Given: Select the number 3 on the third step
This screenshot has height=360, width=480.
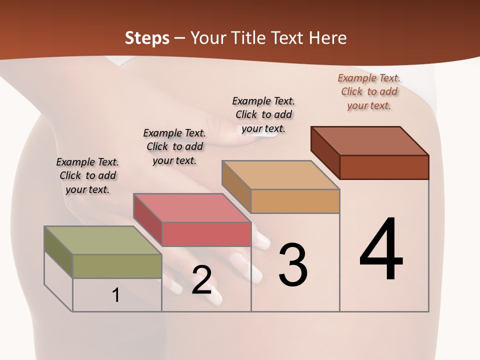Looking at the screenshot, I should (292, 264).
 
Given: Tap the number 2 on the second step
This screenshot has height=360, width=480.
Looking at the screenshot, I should (201, 280).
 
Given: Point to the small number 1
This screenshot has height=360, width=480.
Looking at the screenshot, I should (116, 295).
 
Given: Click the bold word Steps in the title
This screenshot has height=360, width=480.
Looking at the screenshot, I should (147, 38).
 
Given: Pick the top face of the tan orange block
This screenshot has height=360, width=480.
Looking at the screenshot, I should (280, 175).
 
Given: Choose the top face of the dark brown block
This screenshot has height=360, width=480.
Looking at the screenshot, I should (369, 141).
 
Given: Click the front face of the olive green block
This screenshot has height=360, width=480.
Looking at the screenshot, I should (117, 266).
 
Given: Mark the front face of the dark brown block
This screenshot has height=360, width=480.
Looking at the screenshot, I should (384, 167).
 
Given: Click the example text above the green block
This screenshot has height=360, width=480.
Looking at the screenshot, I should (87, 176).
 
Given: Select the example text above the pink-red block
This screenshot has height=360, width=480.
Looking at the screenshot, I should (174, 146).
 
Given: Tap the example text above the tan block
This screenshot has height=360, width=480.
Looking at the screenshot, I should (263, 114).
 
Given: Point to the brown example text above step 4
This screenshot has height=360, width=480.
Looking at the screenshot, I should (369, 91).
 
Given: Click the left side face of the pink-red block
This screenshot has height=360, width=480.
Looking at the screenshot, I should (147, 219).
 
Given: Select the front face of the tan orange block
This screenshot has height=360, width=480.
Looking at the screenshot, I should (295, 201).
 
